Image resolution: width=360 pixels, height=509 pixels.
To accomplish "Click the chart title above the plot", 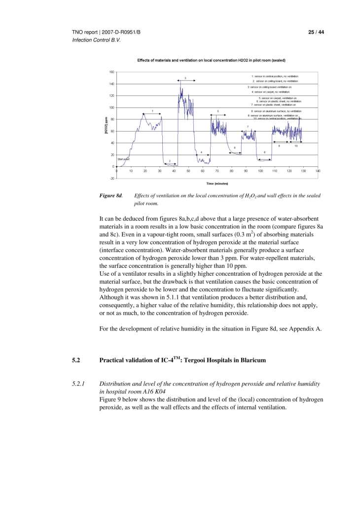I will coord(211,60).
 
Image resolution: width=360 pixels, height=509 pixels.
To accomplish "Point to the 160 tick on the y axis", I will coord(111,72).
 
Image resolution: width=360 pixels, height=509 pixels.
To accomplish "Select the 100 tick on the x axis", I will coord(260,171).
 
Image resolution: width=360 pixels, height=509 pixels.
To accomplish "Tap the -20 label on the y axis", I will coord(111,179).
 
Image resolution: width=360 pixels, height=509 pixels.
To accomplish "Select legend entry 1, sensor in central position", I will coord(275,76).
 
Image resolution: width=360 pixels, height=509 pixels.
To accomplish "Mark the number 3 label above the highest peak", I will coord(185,78).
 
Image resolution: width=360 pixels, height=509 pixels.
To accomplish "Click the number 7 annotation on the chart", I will coord(248,127).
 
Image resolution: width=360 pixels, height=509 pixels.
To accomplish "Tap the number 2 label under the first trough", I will coord(170,161).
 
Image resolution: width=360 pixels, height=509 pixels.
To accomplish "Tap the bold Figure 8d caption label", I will coord(111,196).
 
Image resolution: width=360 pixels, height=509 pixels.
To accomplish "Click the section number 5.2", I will coord(76,360).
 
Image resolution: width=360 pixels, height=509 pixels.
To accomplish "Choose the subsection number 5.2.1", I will coord(78,384).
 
